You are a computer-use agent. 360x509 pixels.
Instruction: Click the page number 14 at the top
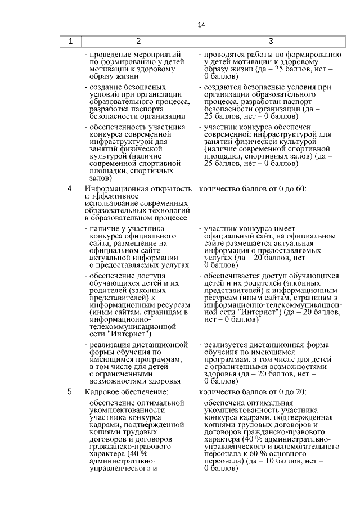(x=201, y=25)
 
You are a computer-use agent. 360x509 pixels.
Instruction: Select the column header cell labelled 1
(x=70, y=41)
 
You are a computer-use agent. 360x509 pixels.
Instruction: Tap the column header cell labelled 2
(x=138, y=41)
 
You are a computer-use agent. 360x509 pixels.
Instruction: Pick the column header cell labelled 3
(x=271, y=41)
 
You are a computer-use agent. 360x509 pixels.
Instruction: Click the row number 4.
(x=70, y=188)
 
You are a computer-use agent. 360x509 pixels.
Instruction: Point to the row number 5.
(x=70, y=391)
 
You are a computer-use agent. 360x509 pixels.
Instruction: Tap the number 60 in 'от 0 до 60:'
(x=300, y=188)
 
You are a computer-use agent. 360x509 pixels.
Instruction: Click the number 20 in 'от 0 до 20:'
(x=300, y=391)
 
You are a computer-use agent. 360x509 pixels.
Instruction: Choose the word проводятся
(x=223, y=55)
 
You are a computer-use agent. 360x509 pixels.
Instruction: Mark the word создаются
(x=221, y=88)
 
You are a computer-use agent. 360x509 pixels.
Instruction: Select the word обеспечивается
(x=231, y=276)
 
